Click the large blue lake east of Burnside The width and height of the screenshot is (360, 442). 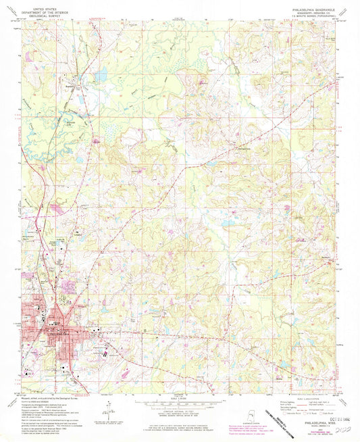click(101, 76)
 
